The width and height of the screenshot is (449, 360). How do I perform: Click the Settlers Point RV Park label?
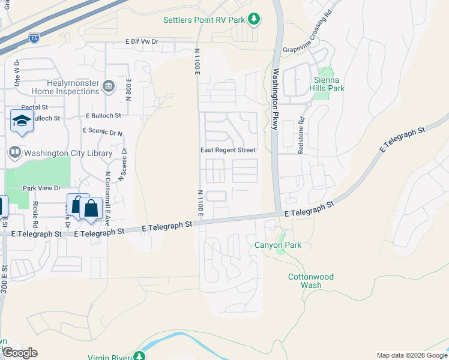204,20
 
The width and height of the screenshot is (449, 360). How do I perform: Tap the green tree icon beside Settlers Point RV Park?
254,19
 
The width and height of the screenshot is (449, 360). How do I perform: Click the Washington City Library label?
68,153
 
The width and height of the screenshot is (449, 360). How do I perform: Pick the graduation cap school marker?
22,121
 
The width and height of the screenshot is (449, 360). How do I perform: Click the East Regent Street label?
228,150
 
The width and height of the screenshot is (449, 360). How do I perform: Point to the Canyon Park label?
278,245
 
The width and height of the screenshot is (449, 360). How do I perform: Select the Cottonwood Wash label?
311,281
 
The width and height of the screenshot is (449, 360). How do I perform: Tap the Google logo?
19,353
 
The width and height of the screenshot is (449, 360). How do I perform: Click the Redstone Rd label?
302,139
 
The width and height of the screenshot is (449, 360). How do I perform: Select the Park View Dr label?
42,188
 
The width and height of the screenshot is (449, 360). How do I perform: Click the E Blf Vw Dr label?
141,42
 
